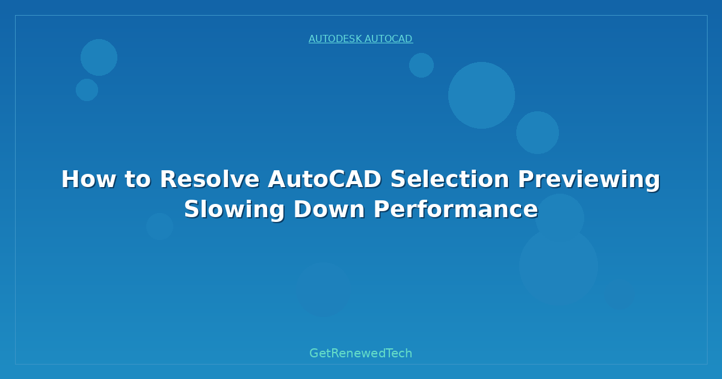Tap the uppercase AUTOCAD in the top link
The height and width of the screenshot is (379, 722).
388,39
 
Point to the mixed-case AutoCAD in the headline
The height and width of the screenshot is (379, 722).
324,179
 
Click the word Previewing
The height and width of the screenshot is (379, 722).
589,179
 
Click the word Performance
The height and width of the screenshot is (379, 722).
455,209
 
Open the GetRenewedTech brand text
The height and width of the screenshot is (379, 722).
361,353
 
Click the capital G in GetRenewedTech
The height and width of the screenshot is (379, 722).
315,353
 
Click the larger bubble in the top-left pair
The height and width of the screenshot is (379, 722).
99,57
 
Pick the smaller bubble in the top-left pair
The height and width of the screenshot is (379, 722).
87,90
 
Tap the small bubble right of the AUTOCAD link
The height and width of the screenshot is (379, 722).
421,65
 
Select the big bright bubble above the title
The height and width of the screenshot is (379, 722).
481,95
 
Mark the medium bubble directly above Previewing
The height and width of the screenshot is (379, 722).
537,132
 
